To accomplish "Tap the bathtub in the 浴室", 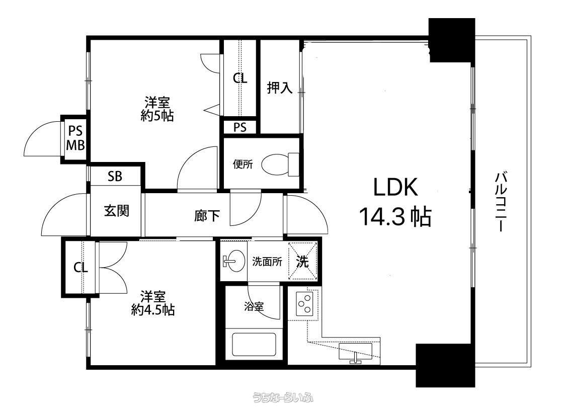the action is tap(254, 344).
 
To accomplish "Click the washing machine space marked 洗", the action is tap(302, 261).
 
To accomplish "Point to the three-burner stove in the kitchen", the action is tap(304, 303).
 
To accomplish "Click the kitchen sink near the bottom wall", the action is tap(356, 352).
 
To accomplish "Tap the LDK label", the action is tap(395, 187).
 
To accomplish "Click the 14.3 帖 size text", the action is tap(395, 216).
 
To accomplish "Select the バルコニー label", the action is tap(500, 202).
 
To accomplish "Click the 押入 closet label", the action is tap(280, 88).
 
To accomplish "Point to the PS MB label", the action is tap(76, 138).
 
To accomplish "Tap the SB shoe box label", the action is tap(115, 177).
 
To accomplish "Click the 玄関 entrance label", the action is tap(117, 210).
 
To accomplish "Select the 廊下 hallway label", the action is tap(207, 216).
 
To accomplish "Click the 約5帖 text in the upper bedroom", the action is tap(157, 116).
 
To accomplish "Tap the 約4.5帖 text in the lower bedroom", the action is tap(153, 310).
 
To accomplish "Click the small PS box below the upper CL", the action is tap(239, 127).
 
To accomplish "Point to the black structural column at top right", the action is tap(451, 40).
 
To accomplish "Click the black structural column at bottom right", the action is tap(445, 365).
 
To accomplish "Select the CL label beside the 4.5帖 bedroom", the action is tap(80, 268).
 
